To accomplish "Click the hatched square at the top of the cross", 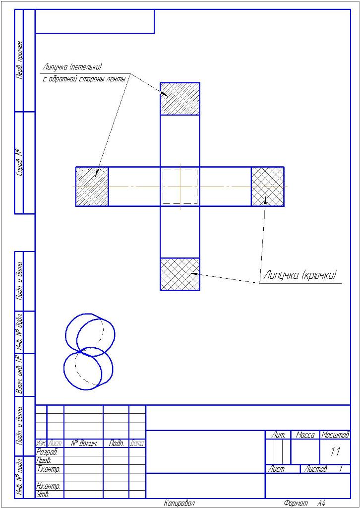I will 180,99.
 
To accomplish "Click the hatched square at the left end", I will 92,187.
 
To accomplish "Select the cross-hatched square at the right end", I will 267,187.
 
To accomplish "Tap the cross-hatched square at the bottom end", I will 180,274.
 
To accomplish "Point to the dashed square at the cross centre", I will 180,187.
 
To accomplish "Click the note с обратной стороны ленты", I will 83,79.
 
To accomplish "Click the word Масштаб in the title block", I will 335,435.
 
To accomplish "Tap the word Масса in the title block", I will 305,435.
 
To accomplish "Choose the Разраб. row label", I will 48,452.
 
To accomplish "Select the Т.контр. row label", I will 49,469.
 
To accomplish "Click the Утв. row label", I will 44,494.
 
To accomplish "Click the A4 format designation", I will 321,503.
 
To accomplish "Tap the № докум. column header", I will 83,443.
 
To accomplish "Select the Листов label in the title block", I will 315,469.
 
